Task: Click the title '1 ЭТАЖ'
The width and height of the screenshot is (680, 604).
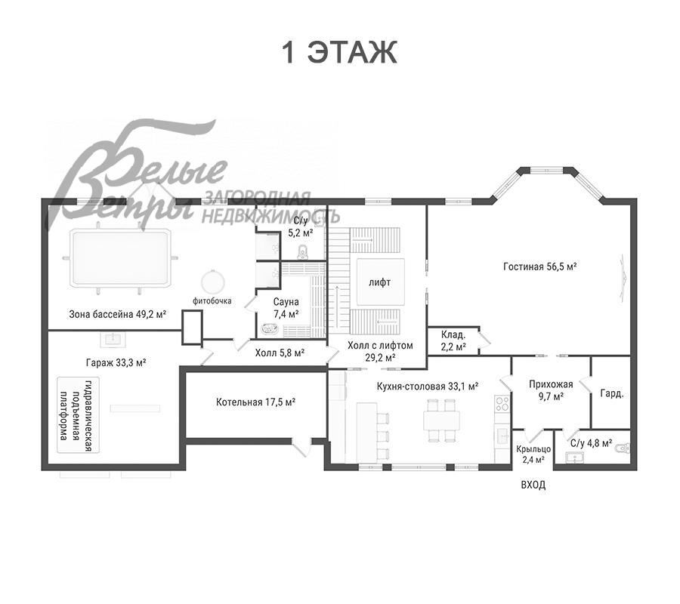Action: pyautogui.click(x=339, y=52)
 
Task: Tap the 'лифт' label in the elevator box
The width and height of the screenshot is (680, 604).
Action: pyautogui.click(x=380, y=282)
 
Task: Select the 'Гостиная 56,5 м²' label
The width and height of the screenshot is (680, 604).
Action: pyautogui.click(x=539, y=267)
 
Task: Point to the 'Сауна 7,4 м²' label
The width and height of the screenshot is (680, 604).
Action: pyautogui.click(x=286, y=307)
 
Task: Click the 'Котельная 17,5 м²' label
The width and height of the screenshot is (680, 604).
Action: pyautogui.click(x=256, y=402)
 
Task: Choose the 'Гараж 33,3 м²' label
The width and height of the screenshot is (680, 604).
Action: pyautogui.click(x=116, y=362)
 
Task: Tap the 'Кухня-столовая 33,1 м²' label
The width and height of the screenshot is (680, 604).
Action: pyautogui.click(x=427, y=386)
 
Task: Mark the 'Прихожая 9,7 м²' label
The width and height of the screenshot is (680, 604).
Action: pyautogui.click(x=551, y=390)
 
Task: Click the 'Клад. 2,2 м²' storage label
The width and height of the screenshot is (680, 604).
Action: pyautogui.click(x=453, y=341)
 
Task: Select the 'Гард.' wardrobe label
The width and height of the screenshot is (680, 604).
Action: pyautogui.click(x=612, y=393)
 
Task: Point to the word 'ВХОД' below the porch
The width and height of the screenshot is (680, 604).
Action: pyautogui.click(x=533, y=485)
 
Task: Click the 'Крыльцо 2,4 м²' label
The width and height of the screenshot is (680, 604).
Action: pyautogui.click(x=533, y=455)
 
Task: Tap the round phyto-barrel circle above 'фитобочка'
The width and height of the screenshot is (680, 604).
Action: pyautogui.click(x=212, y=282)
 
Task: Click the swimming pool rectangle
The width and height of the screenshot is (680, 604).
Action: pyautogui.click(x=119, y=259)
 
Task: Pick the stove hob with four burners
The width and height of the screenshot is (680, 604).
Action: pyautogui.click(x=502, y=404)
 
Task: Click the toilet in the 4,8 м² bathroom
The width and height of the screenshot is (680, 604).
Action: pyautogui.click(x=623, y=448)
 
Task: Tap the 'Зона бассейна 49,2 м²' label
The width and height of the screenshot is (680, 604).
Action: pyautogui.click(x=118, y=314)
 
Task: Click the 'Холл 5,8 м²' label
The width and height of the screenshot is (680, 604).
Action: pyautogui.click(x=280, y=353)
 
